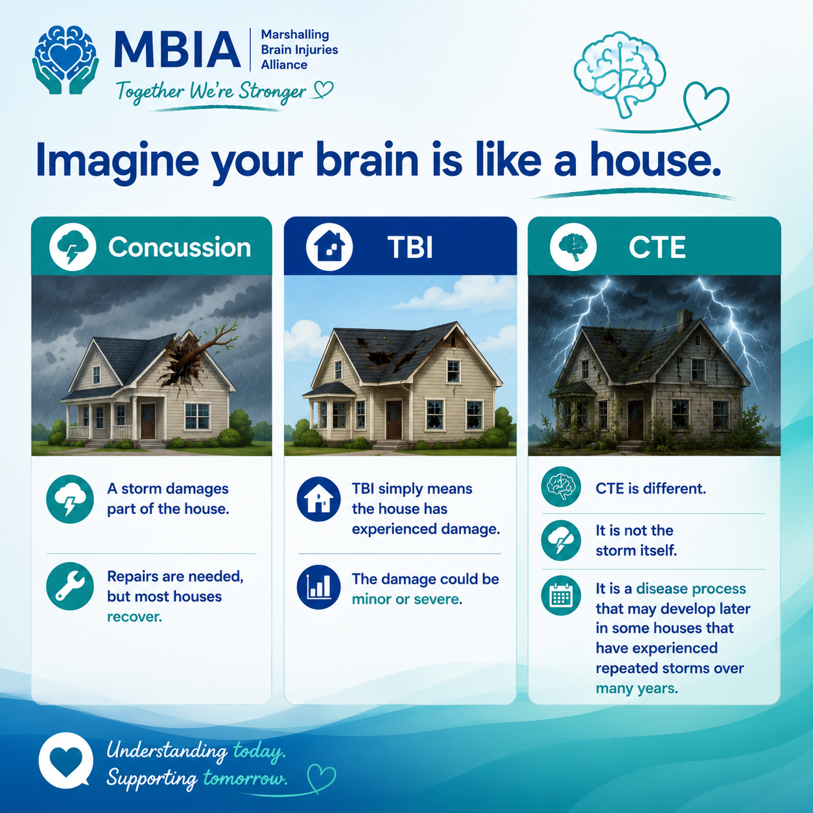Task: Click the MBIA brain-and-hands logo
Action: coord(65,60)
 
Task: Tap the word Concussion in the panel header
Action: coord(180,247)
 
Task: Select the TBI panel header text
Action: coord(410,247)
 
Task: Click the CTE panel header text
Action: coord(657,247)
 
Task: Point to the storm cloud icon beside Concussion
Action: coord(73,247)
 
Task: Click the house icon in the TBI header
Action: coord(329,247)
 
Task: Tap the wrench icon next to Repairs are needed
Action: coord(70,586)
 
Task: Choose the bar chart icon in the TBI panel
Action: coord(318,587)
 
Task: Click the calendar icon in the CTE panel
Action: coord(561,595)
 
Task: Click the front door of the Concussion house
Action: coord(148,421)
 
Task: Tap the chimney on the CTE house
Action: coord(684,320)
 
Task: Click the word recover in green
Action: coord(134,617)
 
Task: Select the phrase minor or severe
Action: coord(406,599)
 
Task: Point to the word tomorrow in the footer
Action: coord(245,778)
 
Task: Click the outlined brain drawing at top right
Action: coord(619,73)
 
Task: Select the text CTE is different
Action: coord(650,489)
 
